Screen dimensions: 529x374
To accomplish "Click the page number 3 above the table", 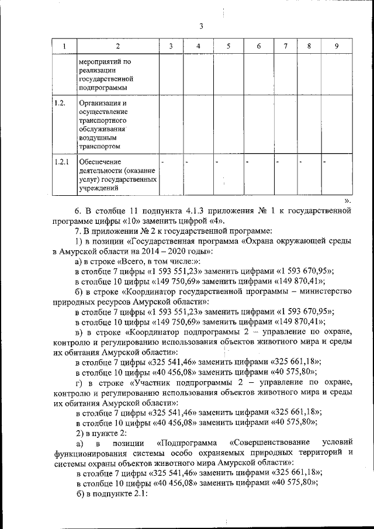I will (x=200, y=26).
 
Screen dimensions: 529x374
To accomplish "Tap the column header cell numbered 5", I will (x=228, y=46).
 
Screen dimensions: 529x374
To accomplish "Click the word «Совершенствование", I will (x=268, y=442).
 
